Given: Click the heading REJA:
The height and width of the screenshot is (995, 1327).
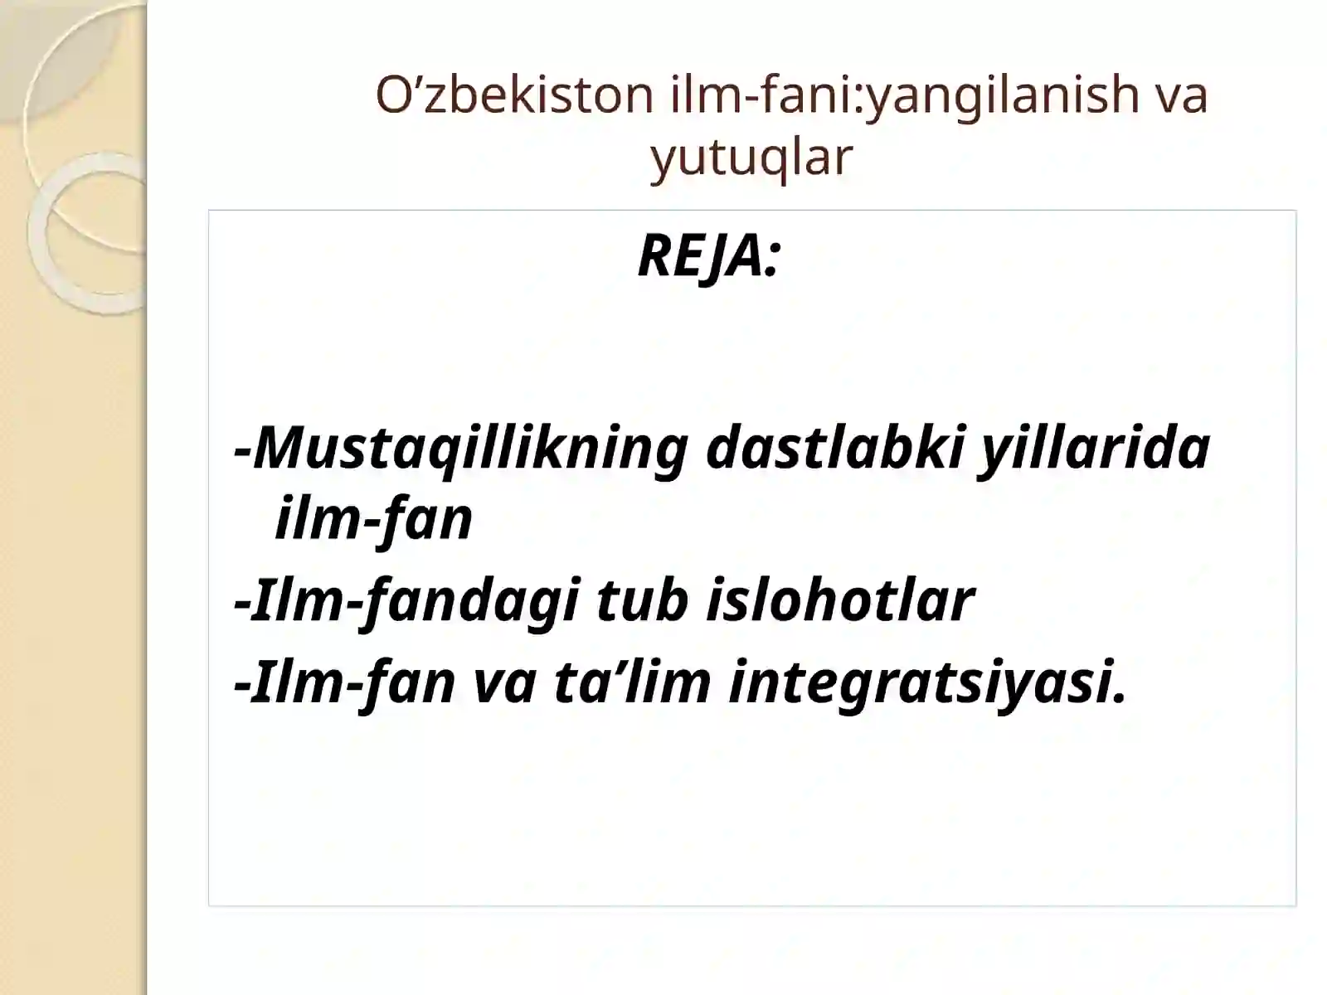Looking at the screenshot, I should (x=708, y=256).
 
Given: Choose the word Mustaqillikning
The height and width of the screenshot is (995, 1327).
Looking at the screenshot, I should (x=469, y=449).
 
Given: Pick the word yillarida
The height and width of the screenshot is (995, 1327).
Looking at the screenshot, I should (x=1095, y=449).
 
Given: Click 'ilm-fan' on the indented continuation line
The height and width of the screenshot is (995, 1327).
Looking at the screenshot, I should (x=373, y=519).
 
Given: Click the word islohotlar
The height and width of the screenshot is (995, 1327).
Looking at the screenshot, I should (x=839, y=600).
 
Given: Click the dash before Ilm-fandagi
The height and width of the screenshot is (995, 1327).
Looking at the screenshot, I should (x=242, y=602).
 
